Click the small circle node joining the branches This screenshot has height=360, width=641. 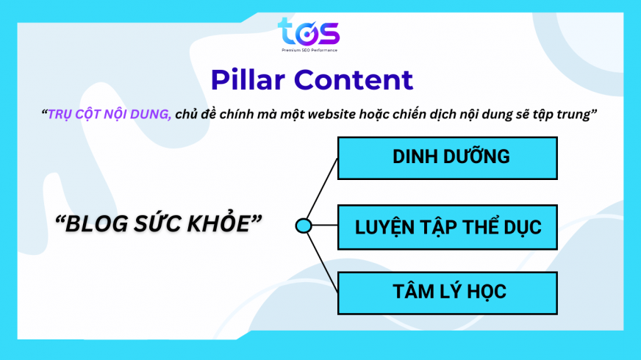click(x=303, y=226)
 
